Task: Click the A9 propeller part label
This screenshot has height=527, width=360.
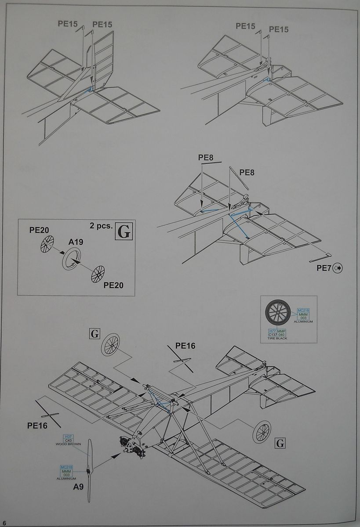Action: (78, 487)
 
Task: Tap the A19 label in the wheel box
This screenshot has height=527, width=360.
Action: (76, 242)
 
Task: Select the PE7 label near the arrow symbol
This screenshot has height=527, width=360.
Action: (324, 267)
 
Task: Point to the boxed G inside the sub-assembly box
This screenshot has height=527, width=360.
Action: (124, 231)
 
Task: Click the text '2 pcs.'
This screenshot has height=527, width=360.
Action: (99, 227)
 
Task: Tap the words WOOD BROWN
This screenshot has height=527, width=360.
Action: (68, 444)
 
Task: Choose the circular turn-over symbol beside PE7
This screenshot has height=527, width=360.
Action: (339, 267)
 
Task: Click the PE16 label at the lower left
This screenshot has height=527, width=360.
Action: (37, 425)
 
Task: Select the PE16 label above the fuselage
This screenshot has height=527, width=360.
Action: (185, 346)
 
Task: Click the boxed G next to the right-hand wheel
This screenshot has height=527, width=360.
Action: (280, 443)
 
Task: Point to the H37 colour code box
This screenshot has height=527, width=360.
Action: (68, 436)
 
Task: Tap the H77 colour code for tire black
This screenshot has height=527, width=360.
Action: (272, 331)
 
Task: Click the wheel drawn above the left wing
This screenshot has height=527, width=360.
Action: (110, 344)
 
